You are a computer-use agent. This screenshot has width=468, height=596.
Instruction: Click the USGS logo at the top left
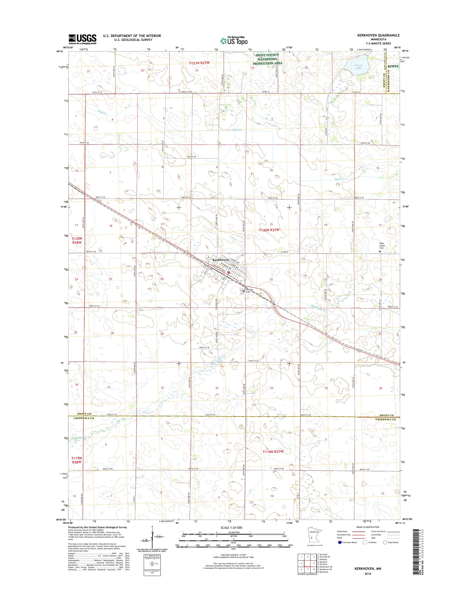(83, 39)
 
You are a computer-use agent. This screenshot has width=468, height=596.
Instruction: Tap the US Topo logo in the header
(234, 41)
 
